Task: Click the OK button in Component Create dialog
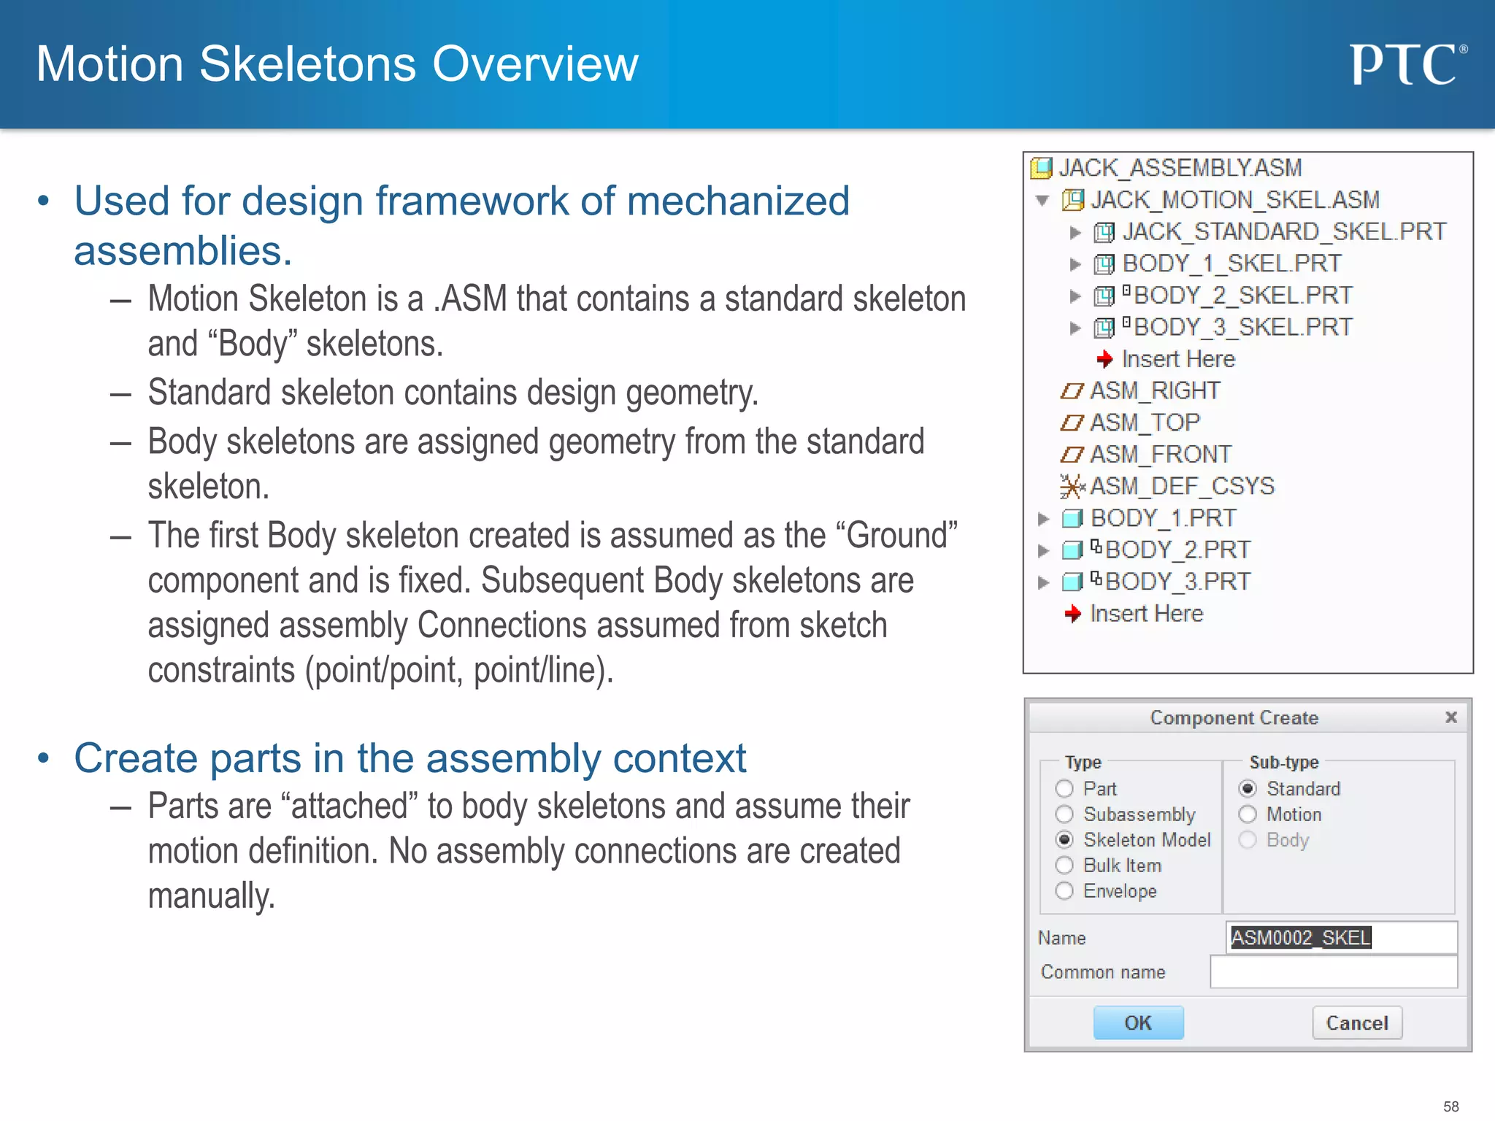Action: [x=1137, y=1022]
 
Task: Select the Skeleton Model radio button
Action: [x=1064, y=840]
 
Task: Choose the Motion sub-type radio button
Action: [x=1248, y=814]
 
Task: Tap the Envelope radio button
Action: [x=1064, y=891]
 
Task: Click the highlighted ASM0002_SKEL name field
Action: [x=1301, y=937]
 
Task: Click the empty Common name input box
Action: [x=1333, y=972]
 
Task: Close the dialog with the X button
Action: [x=1451, y=717]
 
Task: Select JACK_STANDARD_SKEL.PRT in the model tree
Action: [x=1283, y=232]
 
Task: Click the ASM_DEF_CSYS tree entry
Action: [x=1181, y=486]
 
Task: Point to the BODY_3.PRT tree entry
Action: [x=1177, y=582]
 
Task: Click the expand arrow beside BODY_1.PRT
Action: [x=1043, y=519]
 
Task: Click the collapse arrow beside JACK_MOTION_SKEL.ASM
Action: [x=1042, y=200]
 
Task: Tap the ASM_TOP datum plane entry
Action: [x=1144, y=423]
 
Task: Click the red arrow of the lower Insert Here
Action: [x=1072, y=614]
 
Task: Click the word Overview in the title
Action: [x=535, y=64]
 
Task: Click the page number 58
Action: [x=1450, y=1106]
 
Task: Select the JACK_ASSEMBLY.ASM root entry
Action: [x=1180, y=168]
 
